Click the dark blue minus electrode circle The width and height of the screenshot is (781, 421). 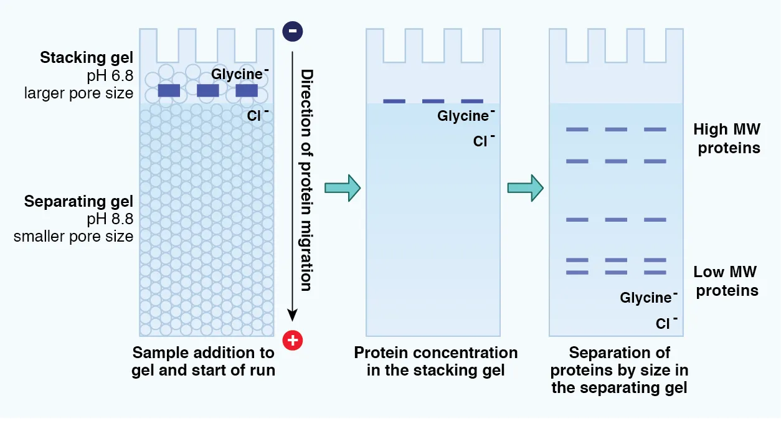point(292,31)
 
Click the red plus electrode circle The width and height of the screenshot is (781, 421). point(292,340)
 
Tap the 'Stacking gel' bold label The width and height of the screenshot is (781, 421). point(87,58)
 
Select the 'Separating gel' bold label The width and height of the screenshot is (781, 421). point(78,201)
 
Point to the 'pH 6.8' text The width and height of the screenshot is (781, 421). point(110,76)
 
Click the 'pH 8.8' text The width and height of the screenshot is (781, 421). point(110,219)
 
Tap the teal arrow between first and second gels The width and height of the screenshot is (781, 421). point(343,188)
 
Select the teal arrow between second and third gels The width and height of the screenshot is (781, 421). point(525,188)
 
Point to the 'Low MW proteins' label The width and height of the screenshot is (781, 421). point(726,281)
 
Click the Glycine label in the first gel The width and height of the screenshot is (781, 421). point(238,74)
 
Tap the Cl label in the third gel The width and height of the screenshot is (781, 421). point(664,324)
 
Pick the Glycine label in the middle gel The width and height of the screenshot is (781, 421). point(464,116)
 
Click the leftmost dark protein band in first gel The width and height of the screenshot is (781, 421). point(169,90)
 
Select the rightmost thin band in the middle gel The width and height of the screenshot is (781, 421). point(472,101)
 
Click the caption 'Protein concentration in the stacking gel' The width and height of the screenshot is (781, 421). point(435,362)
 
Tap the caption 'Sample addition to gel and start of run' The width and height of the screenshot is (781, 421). point(203,362)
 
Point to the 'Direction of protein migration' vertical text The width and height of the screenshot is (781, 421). point(306,181)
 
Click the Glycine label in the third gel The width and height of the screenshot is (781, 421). point(646,298)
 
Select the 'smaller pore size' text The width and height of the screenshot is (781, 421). point(73,237)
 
